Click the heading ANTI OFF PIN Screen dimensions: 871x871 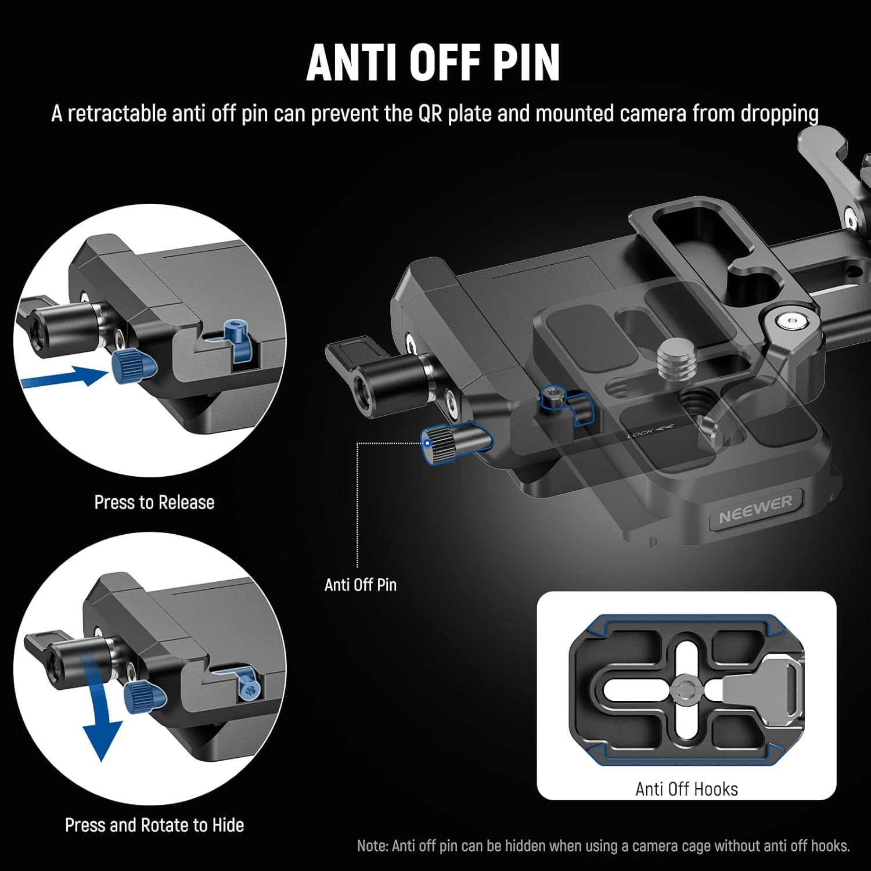pos(433,62)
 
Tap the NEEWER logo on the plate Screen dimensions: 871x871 pos(755,510)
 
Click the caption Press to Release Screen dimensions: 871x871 pos(154,502)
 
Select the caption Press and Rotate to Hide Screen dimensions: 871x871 pos(154,825)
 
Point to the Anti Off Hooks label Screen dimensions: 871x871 pos(686,789)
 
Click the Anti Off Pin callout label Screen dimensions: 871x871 pos(360,585)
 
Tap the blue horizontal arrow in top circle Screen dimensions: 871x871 pos(64,378)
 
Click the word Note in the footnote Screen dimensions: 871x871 pos(372,845)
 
